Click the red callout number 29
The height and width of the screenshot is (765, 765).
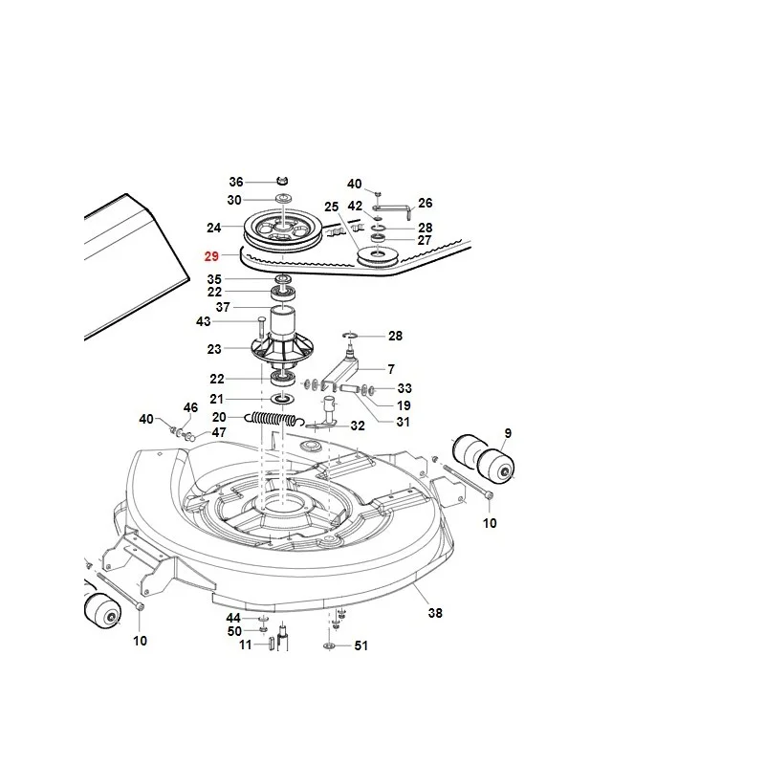(211, 256)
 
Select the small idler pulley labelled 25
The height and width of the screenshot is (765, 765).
(378, 257)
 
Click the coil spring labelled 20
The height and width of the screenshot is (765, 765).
(274, 419)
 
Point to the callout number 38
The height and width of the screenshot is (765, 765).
(435, 613)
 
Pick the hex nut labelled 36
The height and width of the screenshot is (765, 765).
(282, 182)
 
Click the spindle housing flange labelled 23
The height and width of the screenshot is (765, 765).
(282, 349)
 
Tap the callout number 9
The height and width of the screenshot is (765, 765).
(508, 433)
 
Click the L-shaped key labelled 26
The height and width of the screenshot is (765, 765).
(393, 208)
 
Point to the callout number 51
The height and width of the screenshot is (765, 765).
(361, 645)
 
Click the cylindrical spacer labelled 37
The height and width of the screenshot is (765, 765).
(282, 321)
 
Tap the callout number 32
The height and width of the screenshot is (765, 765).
(358, 426)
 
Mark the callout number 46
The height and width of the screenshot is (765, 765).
(190, 407)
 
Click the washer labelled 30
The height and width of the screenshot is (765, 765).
(282, 198)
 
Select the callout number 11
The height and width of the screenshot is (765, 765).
(246, 645)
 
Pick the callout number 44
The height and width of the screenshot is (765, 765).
(233, 618)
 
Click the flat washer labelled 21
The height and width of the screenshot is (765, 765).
(282, 399)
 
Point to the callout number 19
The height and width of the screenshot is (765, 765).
(404, 405)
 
